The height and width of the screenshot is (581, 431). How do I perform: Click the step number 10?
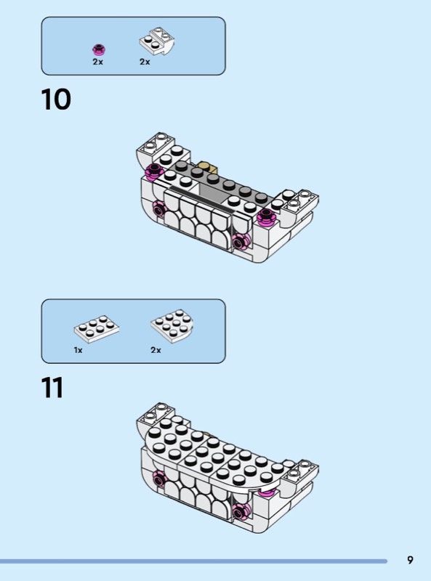[56, 99]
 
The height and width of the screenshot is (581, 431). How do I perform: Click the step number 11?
[52, 388]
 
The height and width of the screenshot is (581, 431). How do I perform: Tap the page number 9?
[410, 559]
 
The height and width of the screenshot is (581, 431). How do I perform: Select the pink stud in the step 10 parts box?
[99, 49]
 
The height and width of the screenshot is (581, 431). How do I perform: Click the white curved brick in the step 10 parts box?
[157, 41]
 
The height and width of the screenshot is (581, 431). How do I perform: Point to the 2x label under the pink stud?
[98, 62]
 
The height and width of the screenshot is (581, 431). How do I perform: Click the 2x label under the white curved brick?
[145, 62]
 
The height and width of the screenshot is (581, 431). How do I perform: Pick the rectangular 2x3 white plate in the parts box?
[97, 328]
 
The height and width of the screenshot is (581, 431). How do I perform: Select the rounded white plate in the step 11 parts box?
[172, 325]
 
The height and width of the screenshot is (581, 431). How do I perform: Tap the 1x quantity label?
[78, 350]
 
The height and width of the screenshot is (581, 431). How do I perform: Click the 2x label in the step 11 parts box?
[156, 350]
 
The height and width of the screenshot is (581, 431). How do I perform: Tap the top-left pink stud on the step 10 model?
[155, 171]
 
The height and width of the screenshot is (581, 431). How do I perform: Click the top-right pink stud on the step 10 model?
[267, 216]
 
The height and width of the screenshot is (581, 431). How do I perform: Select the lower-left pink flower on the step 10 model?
[158, 210]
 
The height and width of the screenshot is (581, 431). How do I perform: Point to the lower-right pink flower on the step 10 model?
[241, 243]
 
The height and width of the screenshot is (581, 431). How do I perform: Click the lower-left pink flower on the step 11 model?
[158, 479]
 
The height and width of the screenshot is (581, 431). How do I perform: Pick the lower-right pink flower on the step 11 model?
[241, 512]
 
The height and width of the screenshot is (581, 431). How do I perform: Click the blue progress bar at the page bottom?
[193, 561]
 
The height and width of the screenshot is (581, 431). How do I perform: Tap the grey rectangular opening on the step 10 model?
[212, 192]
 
